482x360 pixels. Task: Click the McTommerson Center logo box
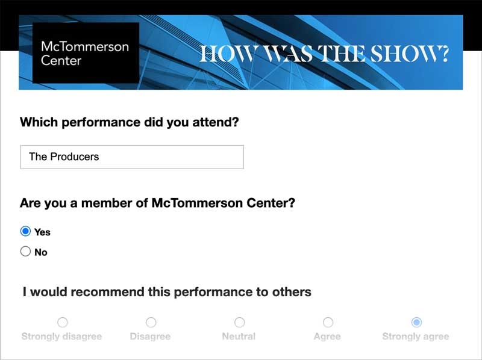[x=86, y=52]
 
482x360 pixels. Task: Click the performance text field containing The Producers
[x=132, y=157]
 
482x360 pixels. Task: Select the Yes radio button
[x=25, y=231]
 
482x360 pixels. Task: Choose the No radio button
[x=25, y=251]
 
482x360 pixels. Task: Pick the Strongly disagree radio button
[x=63, y=322]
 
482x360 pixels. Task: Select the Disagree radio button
[x=151, y=322]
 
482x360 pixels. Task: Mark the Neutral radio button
[x=239, y=322]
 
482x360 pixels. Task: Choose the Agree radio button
[x=328, y=322]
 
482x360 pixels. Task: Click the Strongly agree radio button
[x=416, y=322]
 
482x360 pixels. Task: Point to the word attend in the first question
[x=216, y=122]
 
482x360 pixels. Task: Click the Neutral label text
[x=239, y=337]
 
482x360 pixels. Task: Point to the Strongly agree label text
[x=416, y=337]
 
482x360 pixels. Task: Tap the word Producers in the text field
[x=75, y=157]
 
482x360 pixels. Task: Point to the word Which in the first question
[x=39, y=122]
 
